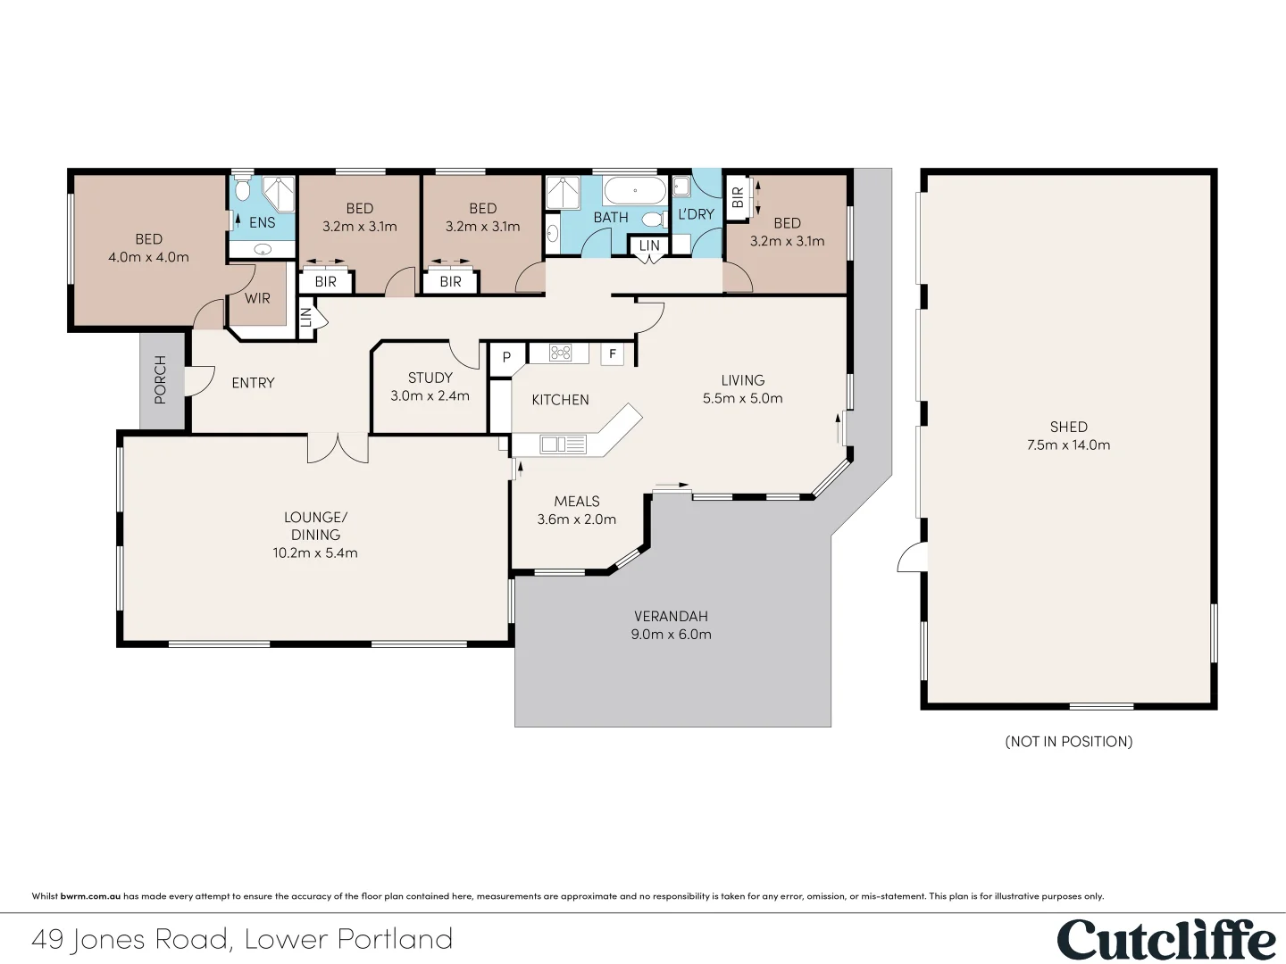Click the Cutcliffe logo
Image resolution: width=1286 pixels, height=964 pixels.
click(x=1166, y=940)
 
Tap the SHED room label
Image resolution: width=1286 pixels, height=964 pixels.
click(x=1068, y=427)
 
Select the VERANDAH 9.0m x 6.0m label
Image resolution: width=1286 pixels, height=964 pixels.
click(x=671, y=625)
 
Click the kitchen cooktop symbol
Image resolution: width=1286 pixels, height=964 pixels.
click(x=560, y=353)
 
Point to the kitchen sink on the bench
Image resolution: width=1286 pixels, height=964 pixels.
click(x=562, y=444)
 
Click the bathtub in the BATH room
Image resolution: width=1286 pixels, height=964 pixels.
click(x=634, y=190)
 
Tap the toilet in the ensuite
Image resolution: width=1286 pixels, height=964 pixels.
click(x=242, y=190)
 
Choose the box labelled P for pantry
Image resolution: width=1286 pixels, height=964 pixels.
click(x=506, y=357)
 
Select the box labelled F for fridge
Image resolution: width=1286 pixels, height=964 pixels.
click(x=613, y=354)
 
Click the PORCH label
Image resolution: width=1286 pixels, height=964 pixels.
click(x=161, y=380)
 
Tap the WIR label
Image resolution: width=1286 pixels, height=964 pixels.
click(x=257, y=298)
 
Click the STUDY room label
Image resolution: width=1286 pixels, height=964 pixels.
click(x=430, y=378)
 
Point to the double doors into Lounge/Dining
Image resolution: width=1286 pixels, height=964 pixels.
click(x=338, y=446)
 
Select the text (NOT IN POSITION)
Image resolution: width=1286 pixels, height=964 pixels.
click(x=1068, y=741)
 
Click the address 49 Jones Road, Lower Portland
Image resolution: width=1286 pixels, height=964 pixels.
click(x=242, y=939)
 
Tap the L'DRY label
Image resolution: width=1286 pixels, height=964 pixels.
click(x=696, y=214)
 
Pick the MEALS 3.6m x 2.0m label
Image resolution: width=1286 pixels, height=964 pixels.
click(x=576, y=510)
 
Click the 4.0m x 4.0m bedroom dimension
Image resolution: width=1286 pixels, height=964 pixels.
click(x=148, y=257)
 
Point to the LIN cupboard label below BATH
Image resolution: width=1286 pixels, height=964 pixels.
click(x=649, y=245)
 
